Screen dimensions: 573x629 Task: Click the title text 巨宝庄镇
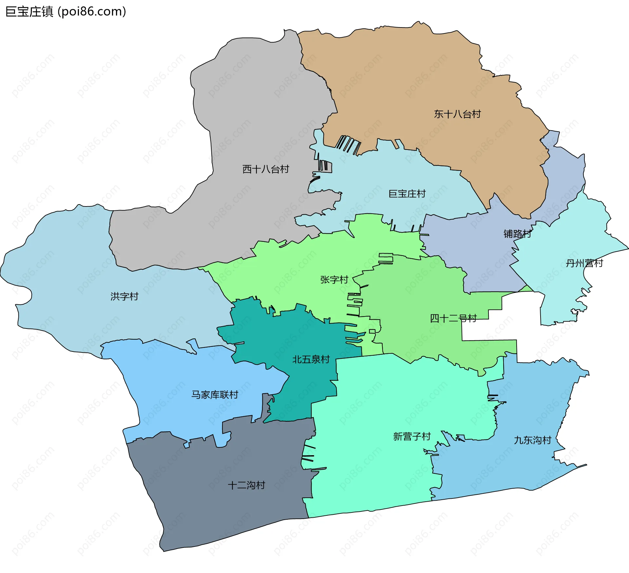click(x=29, y=12)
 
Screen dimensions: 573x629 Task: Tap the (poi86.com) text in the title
click(x=92, y=12)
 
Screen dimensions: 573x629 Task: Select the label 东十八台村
click(x=457, y=114)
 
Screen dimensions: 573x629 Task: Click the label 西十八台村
click(x=266, y=169)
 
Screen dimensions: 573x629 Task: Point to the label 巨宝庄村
click(x=407, y=194)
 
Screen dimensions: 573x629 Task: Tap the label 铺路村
click(x=517, y=234)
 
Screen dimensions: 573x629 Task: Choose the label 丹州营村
click(x=584, y=263)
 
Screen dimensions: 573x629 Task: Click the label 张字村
click(x=334, y=279)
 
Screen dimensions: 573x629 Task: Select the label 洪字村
click(x=124, y=296)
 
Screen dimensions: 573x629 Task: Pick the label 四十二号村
click(x=453, y=318)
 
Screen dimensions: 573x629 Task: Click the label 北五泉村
click(x=311, y=359)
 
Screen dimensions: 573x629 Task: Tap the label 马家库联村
click(x=215, y=395)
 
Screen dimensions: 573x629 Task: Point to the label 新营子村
click(x=412, y=436)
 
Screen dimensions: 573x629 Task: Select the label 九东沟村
click(x=533, y=440)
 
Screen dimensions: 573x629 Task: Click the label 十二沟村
click(x=246, y=485)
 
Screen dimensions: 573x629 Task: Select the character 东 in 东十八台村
click(x=439, y=114)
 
